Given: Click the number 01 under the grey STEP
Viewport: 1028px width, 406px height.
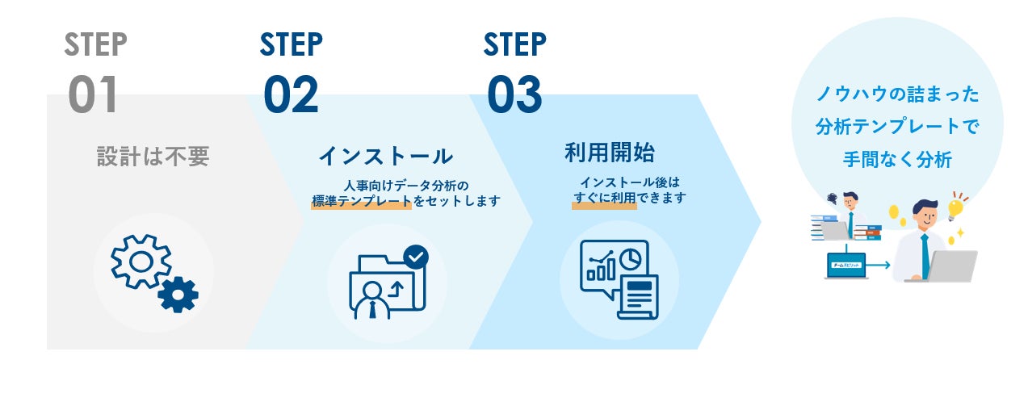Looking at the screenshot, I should [x=93, y=94].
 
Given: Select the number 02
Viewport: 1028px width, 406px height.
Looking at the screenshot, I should [x=291, y=94].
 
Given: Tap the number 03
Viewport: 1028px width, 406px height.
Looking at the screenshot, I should [x=514, y=94].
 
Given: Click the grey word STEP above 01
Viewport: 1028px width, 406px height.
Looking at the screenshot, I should [x=95, y=45].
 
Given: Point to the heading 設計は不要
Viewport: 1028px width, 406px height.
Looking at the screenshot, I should [x=153, y=157].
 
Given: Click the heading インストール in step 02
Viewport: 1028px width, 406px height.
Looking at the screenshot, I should [x=385, y=155].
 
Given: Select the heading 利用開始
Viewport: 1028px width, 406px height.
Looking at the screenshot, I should [x=609, y=152].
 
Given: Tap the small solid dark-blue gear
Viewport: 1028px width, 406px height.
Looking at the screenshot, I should [x=178, y=294].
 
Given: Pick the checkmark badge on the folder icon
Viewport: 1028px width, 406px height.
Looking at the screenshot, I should [x=416, y=257].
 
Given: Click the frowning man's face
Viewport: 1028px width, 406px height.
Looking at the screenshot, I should [x=850, y=199].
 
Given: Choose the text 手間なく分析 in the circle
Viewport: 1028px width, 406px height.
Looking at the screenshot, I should [x=896, y=160].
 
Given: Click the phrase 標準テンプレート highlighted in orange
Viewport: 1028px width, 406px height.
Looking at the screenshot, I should [x=362, y=201].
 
